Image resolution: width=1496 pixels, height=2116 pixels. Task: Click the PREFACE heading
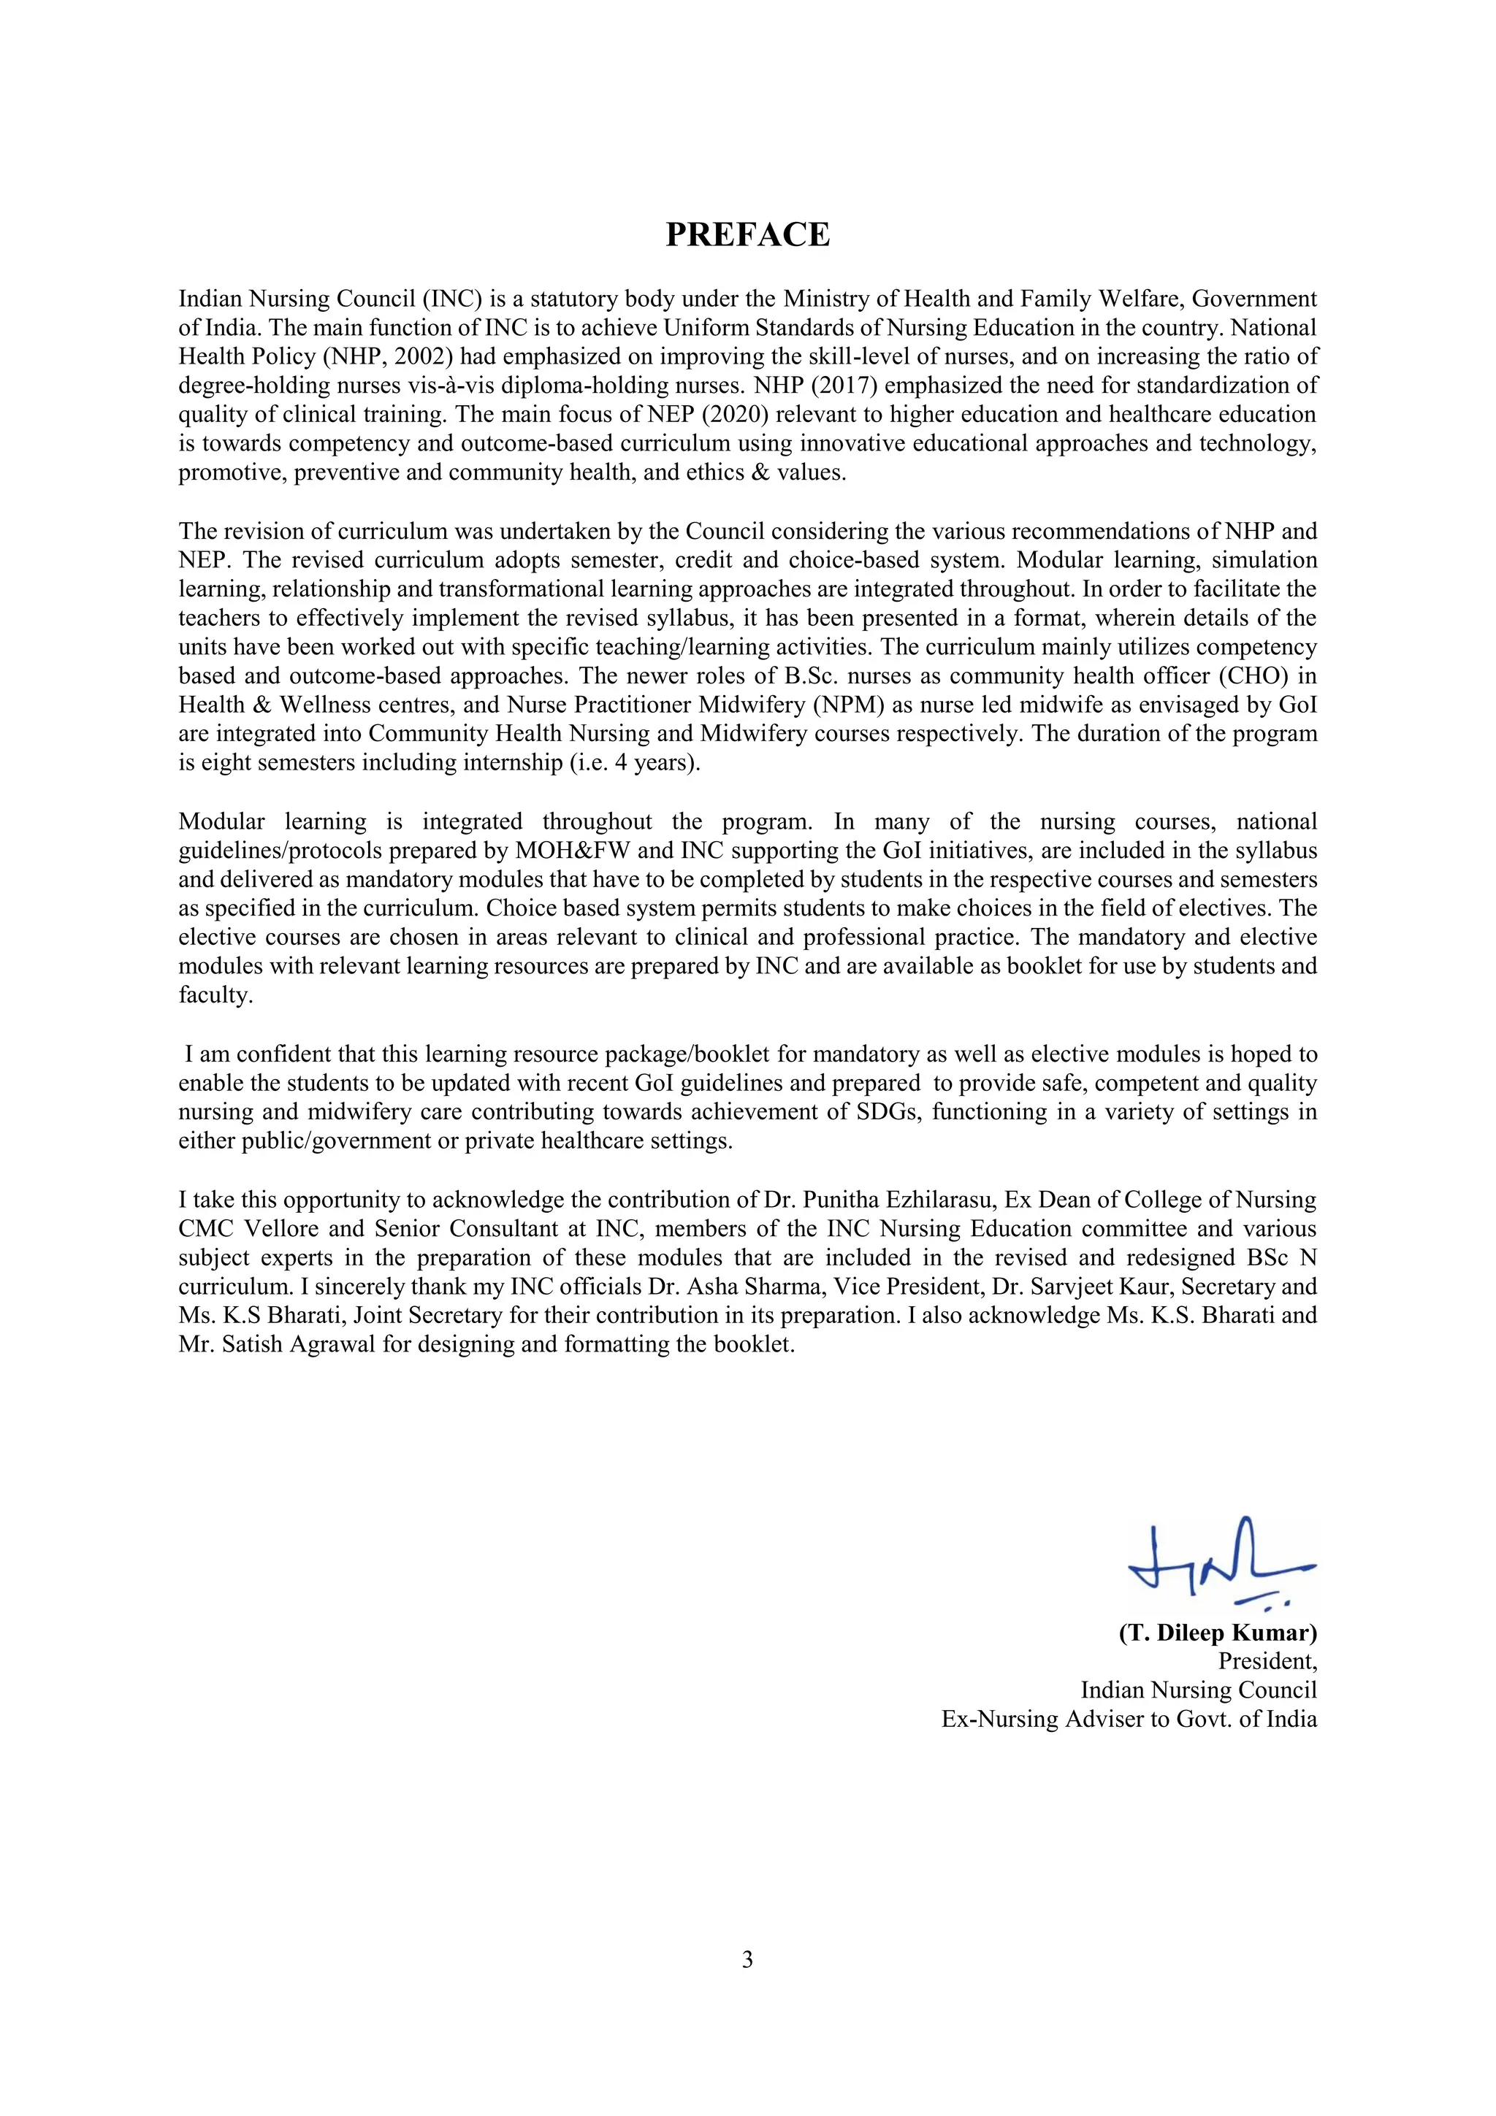click(x=747, y=235)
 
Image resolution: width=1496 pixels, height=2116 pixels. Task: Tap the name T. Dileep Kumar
click(x=1218, y=1632)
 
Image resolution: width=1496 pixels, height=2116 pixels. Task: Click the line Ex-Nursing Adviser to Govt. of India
click(x=1129, y=1719)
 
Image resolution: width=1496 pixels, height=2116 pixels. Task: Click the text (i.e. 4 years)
click(x=629, y=763)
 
